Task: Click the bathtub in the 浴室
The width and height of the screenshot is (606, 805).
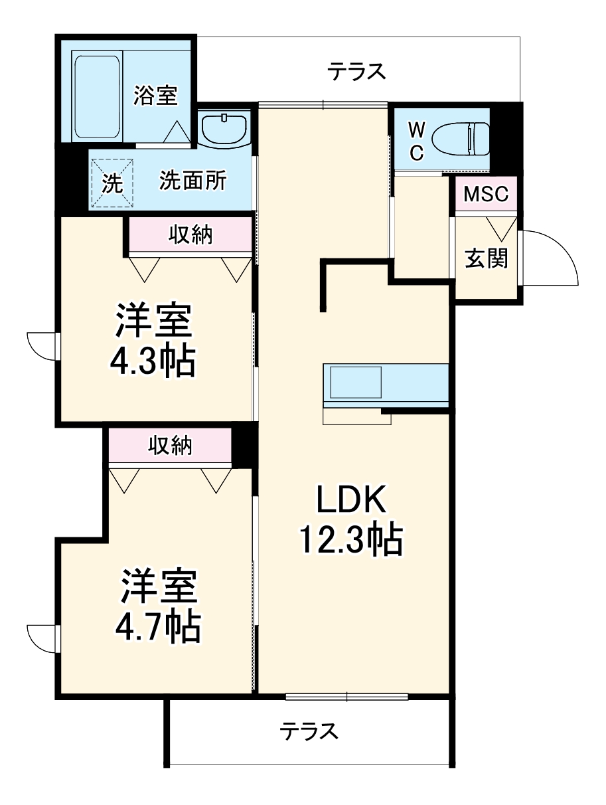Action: tap(97, 96)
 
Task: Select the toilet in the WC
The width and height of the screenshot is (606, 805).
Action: tap(460, 139)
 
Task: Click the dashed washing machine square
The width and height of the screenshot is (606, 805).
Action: tap(112, 183)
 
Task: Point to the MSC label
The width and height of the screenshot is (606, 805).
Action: tap(486, 194)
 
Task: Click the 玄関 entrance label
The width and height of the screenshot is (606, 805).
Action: tap(486, 258)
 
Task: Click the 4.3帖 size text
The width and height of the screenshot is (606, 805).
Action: tap(153, 361)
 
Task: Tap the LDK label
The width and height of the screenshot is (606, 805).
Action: tap(351, 499)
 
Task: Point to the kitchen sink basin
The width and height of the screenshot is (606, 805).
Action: tap(355, 383)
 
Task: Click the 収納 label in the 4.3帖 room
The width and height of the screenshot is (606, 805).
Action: tap(190, 234)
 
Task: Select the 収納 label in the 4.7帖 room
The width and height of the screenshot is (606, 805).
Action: tap(170, 446)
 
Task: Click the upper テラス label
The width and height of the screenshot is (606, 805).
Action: tap(356, 71)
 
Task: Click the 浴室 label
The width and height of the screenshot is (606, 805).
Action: tap(155, 96)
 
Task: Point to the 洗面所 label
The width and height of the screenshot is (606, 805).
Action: tap(192, 180)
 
